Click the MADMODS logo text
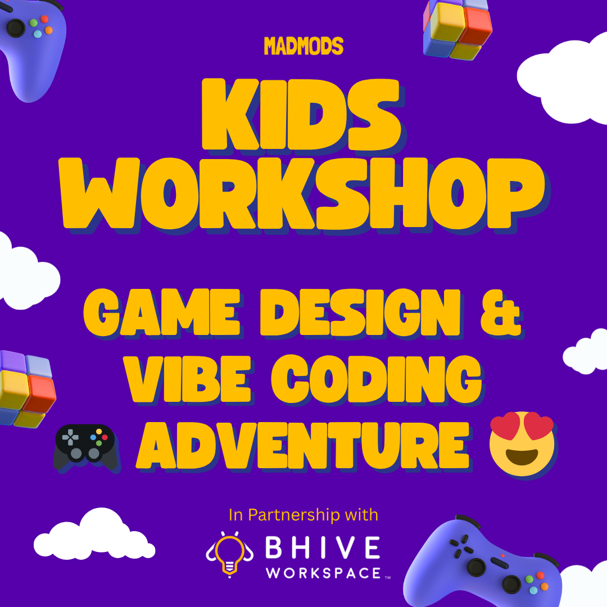point(303,46)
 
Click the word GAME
point(162,312)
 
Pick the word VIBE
point(188,379)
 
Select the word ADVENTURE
point(303,446)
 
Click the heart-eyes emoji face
point(522,444)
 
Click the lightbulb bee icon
point(229,554)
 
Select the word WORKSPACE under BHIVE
point(324,573)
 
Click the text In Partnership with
point(303,515)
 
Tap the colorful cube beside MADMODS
point(457,29)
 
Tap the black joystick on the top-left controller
point(16,28)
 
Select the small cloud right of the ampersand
point(585,351)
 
